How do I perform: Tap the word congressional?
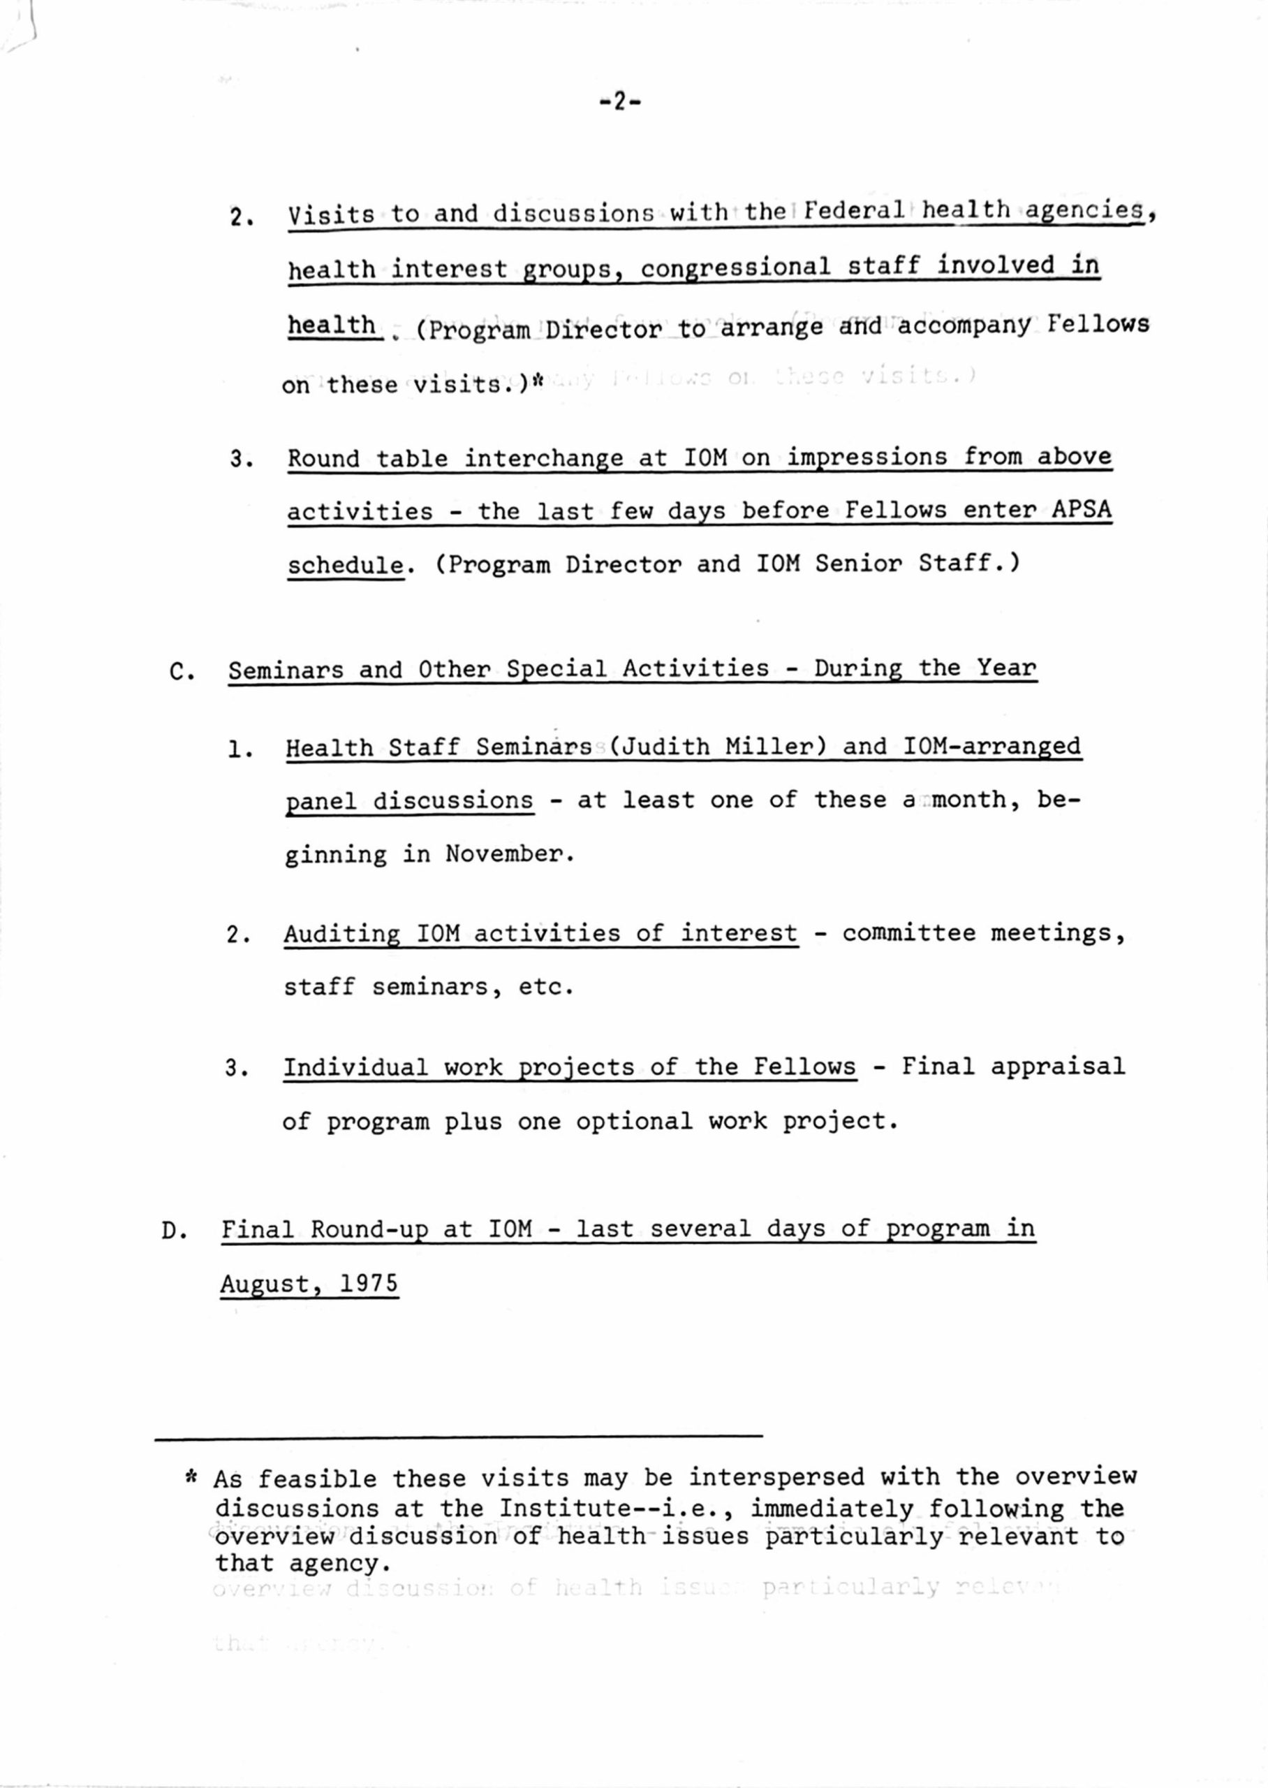tap(735, 267)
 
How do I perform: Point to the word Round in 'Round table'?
tap(323, 458)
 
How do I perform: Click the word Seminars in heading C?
tap(285, 670)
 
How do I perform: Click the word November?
tap(509, 855)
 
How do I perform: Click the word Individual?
tap(355, 1067)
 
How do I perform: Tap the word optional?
tap(633, 1122)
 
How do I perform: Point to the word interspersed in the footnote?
tap(776, 1477)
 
